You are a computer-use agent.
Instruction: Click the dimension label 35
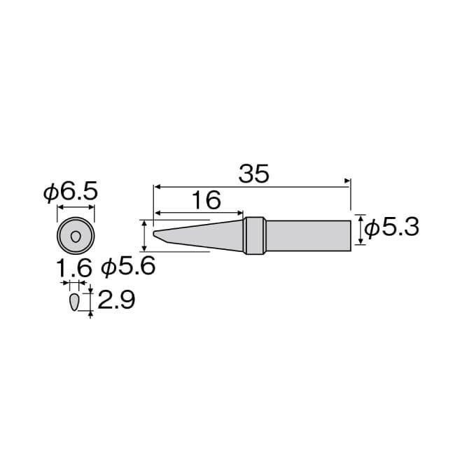click(x=253, y=174)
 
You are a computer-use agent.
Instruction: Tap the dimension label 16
click(x=206, y=199)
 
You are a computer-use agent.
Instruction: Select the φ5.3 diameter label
click(x=391, y=227)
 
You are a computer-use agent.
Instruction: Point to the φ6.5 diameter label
click(x=71, y=192)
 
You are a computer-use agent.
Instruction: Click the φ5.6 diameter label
click(x=128, y=266)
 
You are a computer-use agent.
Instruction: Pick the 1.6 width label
click(x=73, y=268)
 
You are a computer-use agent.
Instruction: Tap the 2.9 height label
click(x=116, y=300)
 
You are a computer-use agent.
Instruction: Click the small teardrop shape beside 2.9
click(x=74, y=302)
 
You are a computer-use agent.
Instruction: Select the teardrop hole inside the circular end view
click(x=76, y=237)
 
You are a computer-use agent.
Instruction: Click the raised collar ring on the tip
click(x=255, y=236)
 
